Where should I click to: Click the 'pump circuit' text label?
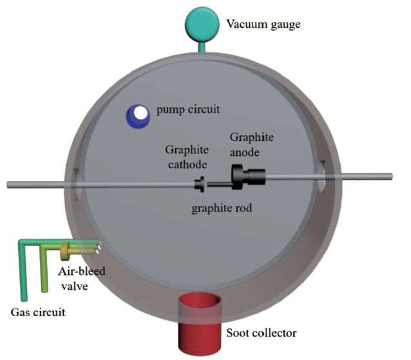click(x=188, y=109)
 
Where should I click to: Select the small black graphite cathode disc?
click(x=200, y=185)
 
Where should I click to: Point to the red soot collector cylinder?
click(x=200, y=315)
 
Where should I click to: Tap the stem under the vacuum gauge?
click(x=200, y=45)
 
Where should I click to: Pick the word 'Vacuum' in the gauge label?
click(x=242, y=26)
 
